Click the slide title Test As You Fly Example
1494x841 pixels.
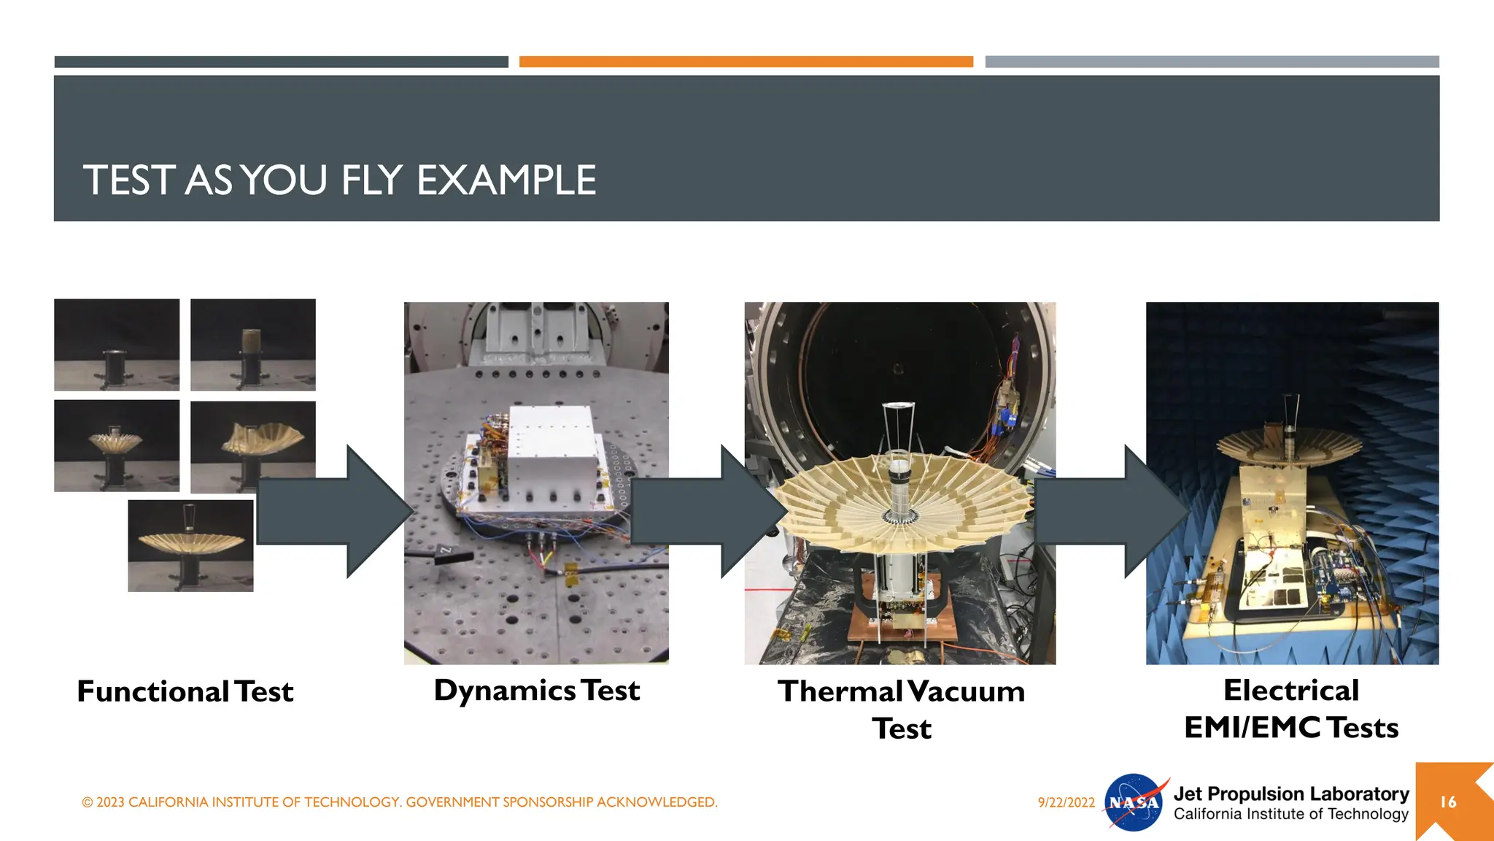click(x=339, y=180)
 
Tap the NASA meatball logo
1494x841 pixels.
click(x=1134, y=802)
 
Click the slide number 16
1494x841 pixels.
click(x=1448, y=802)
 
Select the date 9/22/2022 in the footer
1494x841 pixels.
click(x=1066, y=802)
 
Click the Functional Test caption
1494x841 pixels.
click(x=185, y=691)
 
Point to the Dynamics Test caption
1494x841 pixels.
click(x=537, y=691)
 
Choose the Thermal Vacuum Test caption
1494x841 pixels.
click(x=901, y=710)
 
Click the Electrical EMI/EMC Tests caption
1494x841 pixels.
click(x=1291, y=709)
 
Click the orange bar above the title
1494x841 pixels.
click(x=746, y=62)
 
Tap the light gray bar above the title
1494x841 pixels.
click(x=1211, y=62)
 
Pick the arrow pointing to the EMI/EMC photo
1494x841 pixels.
click(x=1109, y=511)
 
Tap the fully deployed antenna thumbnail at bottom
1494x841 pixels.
click(x=190, y=545)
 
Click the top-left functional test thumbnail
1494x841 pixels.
click(x=117, y=345)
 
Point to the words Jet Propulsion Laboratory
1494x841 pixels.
click(x=1290, y=794)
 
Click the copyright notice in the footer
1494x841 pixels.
click(x=400, y=802)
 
